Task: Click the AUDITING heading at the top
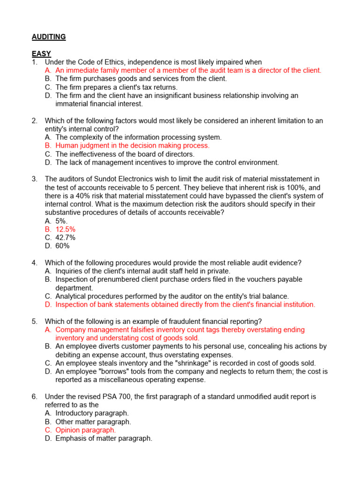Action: [x=49, y=37]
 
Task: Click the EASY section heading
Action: [x=41, y=54]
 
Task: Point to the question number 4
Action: [x=34, y=262]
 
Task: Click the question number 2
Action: [x=34, y=120]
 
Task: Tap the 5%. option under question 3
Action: [x=62, y=221]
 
